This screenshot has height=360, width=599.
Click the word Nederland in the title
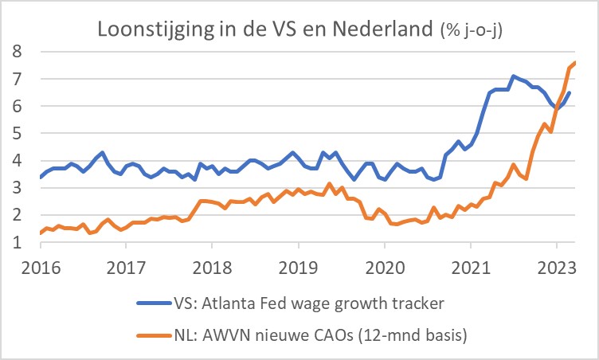click(x=381, y=29)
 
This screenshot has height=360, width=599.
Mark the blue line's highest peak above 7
click(x=514, y=76)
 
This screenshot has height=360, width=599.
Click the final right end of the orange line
click(x=576, y=62)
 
